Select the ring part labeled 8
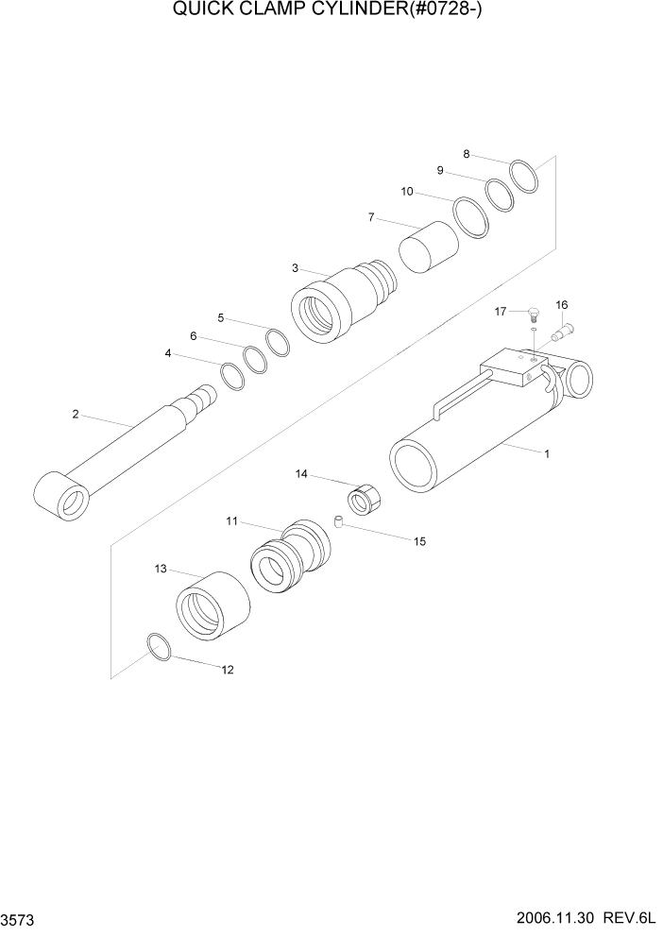524,177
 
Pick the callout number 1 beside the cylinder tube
546,453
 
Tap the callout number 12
227,670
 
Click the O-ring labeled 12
160,647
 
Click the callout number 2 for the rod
76,413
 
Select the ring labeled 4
232,376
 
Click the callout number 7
371,217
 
